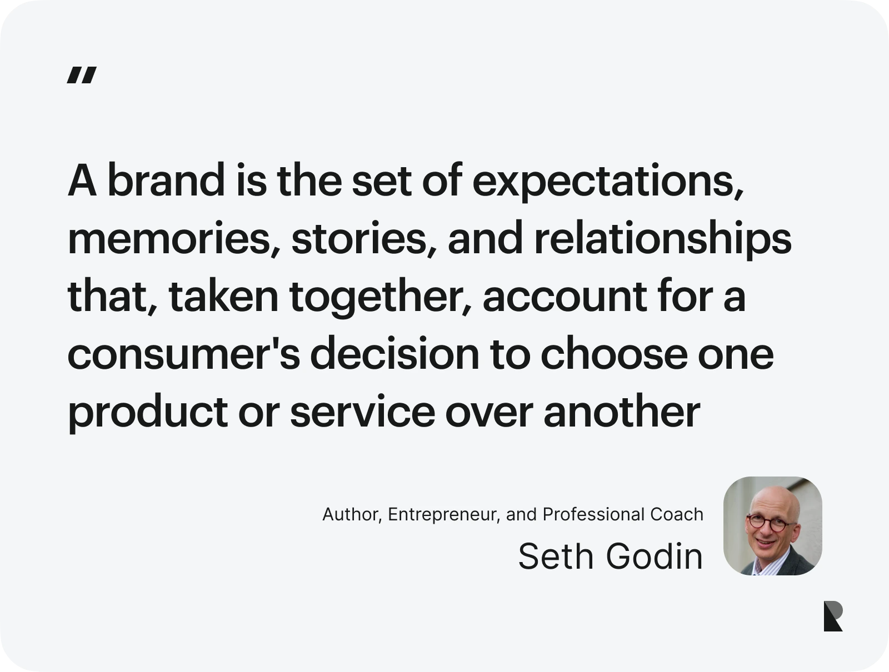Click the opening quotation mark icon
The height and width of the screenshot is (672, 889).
pos(82,76)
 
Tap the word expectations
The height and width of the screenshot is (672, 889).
pos(608,182)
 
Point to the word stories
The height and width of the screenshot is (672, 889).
pos(364,239)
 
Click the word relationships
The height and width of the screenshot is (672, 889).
pos(663,239)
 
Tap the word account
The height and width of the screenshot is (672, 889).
pos(565,298)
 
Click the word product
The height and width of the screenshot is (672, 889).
pos(148,413)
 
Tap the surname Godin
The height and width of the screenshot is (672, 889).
pos(654,556)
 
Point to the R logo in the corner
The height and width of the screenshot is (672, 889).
pos(833,616)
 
